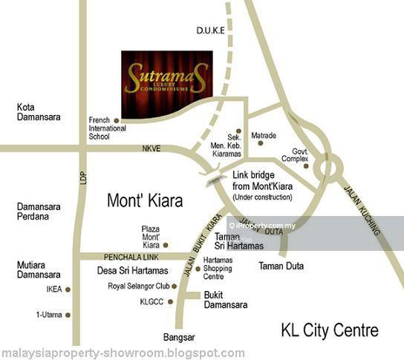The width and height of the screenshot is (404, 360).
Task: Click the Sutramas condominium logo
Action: click(167, 75)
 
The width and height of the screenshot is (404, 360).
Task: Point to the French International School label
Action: click(109, 128)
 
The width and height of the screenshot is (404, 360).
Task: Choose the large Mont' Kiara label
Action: click(146, 200)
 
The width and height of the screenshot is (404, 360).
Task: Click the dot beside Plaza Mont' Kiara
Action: click(166, 244)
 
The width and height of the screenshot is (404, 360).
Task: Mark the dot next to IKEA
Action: click(68, 290)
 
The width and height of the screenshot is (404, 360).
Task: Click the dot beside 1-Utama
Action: click(68, 315)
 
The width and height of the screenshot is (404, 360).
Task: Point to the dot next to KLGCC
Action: click(172, 302)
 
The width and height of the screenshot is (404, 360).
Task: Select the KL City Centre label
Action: click(330, 330)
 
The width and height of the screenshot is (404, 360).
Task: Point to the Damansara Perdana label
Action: click(37, 212)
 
